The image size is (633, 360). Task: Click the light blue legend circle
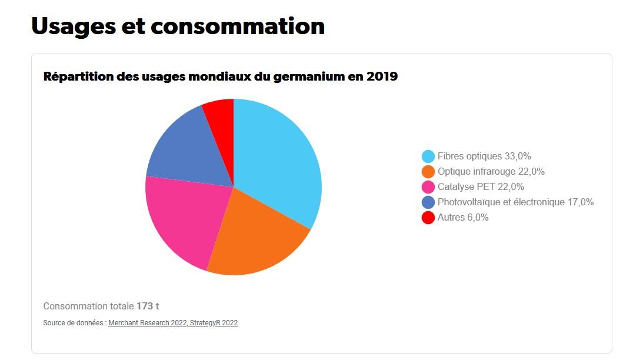(428, 156)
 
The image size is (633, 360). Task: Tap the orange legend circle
(428, 172)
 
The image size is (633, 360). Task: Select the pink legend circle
(428, 187)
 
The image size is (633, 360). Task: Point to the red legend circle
(428, 218)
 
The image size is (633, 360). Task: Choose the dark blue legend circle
(428, 202)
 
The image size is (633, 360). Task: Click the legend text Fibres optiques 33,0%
(484, 156)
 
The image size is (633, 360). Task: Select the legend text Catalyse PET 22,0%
(481, 187)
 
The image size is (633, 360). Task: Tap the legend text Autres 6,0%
(463, 218)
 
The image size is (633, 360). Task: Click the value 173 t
(148, 306)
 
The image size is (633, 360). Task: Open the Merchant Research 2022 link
(148, 323)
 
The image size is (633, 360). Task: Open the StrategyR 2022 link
(214, 323)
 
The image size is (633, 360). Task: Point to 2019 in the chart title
(381, 76)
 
